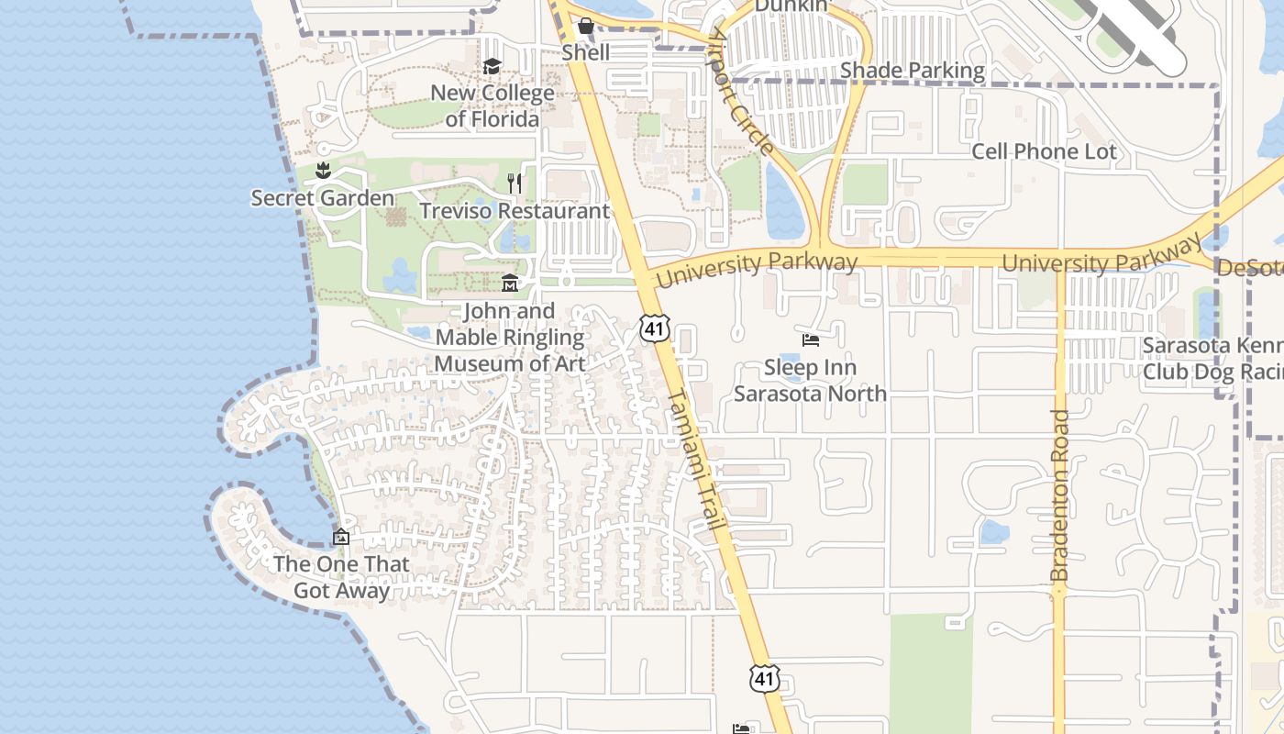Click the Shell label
(x=586, y=52)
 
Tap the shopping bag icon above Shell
(x=586, y=27)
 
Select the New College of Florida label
(x=493, y=106)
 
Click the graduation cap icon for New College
(x=493, y=67)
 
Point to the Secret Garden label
(x=323, y=198)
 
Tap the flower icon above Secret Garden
(x=323, y=171)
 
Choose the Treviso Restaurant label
(x=515, y=211)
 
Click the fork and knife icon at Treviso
(x=515, y=183)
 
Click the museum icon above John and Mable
(x=510, y=284)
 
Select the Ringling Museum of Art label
(x=510, y=338)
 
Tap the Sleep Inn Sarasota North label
(x=811, y=381)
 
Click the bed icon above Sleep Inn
(x=811, y=340)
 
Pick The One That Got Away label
(x=341, y=577)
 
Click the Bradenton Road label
(x=1061, y=495)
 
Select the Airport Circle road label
(x=741, y=92)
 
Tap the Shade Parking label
(x=913, y=71)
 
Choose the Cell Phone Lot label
(x=1044, y=152)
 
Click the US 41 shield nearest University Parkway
(x=655, y=328)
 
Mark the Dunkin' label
(x=791, y=6)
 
